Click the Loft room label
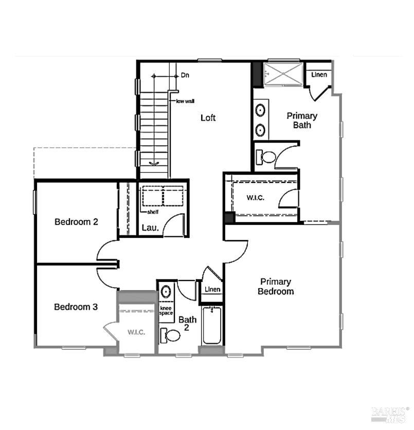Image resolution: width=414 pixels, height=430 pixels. [208, 118]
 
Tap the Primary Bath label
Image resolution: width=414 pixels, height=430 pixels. [302, 120]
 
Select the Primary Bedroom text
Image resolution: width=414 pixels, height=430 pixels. [276, 287]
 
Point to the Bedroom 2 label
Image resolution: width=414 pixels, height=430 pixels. [77, 222]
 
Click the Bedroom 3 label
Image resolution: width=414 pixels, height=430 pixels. [76, 307]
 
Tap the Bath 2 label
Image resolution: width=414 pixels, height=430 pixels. [187, 323]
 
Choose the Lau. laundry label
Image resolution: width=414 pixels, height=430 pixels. [150, 228]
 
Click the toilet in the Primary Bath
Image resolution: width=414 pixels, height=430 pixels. [265, 156]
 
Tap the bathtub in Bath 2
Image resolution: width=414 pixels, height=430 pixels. [211, 326]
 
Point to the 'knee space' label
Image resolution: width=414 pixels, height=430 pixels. [166, 310]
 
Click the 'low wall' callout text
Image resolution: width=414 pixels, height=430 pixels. [185, 101]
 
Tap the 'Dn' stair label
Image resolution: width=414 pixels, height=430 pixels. [185, 76]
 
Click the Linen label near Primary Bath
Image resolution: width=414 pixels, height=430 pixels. [319, 75]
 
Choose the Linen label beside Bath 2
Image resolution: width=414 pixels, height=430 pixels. [212, 290]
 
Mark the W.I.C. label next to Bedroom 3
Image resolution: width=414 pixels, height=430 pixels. [136, 332]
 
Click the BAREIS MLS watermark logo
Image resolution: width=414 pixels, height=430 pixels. [388, 414]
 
